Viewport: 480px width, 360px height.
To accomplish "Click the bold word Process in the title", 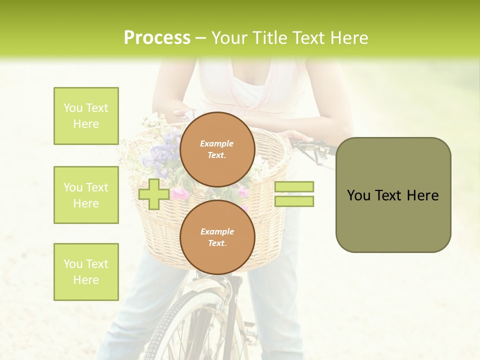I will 157,38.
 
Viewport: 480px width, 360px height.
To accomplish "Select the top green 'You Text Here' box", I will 86,116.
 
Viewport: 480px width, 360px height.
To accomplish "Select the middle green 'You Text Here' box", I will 86,195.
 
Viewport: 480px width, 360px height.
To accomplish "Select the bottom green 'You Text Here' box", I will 86,272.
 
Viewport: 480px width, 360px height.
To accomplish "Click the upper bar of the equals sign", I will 294,187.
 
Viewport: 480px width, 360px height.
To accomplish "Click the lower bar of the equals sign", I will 294,201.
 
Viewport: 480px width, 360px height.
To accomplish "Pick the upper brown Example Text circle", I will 217,149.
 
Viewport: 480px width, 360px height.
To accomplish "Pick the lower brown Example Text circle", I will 217,237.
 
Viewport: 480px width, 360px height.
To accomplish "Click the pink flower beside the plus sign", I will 180,194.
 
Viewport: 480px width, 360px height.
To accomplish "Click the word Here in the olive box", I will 423,195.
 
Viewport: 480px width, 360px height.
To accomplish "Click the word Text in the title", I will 312,38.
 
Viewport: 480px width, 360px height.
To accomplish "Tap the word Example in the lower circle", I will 217,231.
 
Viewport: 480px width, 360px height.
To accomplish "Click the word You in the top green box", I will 73,108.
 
